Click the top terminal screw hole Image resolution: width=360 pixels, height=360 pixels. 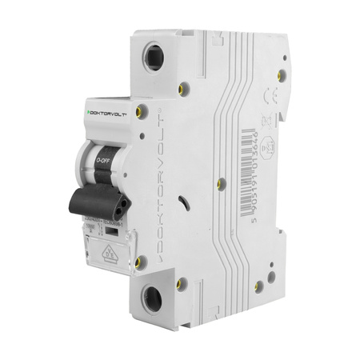pos(153,58)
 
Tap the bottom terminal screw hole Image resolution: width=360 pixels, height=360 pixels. pos(152,299)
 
